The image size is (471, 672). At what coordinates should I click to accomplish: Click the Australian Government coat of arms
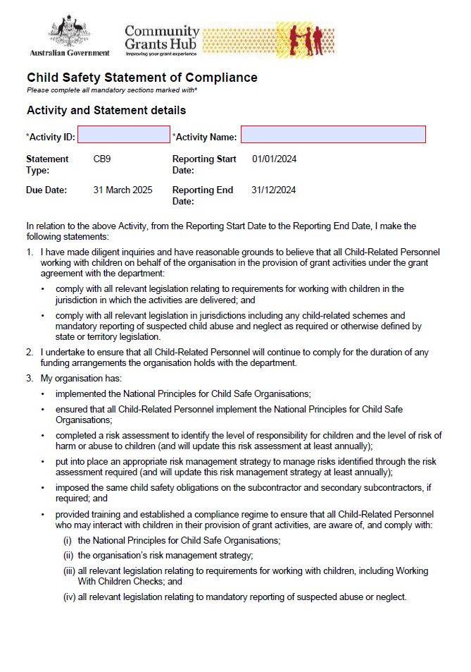[x=69, y=32]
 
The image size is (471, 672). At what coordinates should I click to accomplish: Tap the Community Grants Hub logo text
[x=162, y=39]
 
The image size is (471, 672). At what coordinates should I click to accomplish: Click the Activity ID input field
[x=124, y=135]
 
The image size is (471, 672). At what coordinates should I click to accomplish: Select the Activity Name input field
[x=333, y=135]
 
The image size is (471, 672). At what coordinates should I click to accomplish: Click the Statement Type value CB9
[x=102, y=159]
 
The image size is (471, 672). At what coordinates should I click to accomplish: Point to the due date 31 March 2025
[x=123, y=190]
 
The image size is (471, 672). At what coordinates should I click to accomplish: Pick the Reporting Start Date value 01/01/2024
[x=274, y=159]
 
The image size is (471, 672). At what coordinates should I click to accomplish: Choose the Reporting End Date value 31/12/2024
[x=273, y=190]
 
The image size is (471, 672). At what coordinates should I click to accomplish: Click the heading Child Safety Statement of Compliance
[x=142, y=78]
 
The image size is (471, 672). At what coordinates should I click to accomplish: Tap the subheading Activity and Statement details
[x=106, y=111]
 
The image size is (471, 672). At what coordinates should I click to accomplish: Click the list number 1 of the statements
[x=30, y=252]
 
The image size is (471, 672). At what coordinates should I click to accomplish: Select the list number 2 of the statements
[x=30, y=352]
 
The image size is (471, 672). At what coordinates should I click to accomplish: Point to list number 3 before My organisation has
[x=30, y=379]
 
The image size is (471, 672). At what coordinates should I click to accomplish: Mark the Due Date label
[x=46, y=190]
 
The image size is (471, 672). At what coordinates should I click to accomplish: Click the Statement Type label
[x=47, y=164]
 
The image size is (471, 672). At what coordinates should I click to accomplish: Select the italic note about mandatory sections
[x=112, y=90]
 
